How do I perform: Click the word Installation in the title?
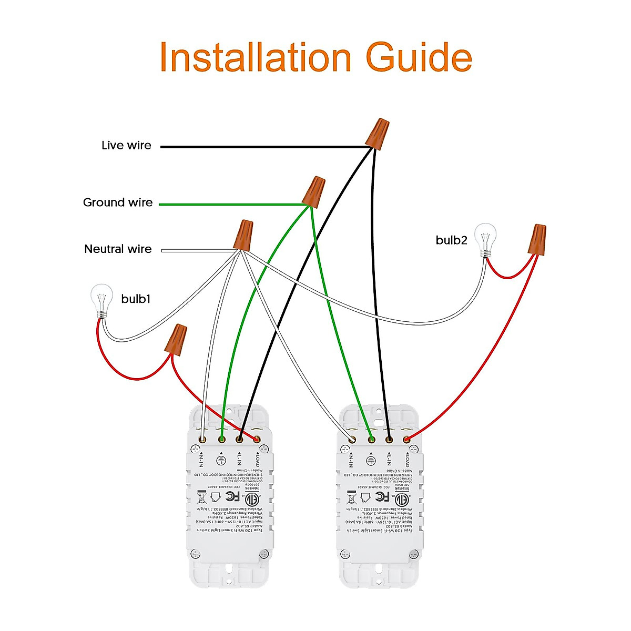coord(255,57)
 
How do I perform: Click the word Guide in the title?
coord(419,57)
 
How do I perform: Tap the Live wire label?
coord(126,146)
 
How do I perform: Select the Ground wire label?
coord(118,202)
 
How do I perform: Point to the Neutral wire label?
coord(118,249)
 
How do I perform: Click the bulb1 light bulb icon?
coord(101,299)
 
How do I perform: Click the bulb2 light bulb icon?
coord(485,239)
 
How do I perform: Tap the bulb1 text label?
coord(136,299)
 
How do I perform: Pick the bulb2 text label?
coord(451,240)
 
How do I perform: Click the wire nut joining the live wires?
coord(378,133)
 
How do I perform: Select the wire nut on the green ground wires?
coord(313,191)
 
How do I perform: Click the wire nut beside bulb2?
coord(537,240)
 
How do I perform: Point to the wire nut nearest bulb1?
coord(176,339)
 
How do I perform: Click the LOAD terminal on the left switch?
coord(257,439)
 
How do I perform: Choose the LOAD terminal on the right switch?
coord(406,439)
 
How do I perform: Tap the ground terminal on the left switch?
coord(221,439)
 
